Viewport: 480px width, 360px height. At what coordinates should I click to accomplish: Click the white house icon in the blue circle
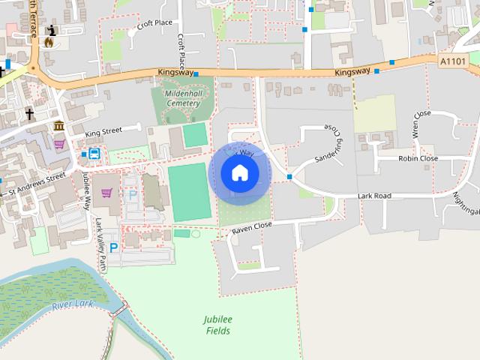(239, 173)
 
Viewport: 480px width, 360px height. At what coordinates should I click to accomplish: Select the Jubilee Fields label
(217, 325)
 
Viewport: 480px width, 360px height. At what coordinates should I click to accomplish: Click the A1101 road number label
(452, 61)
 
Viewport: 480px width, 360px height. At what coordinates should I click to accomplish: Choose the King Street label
(103, 133)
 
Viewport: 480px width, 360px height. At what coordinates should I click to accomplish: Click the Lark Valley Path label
(100, 243)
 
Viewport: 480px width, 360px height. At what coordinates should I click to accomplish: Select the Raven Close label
(251, 226)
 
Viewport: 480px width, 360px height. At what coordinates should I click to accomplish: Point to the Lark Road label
(374, 196)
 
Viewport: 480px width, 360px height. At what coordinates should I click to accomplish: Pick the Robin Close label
(418, 159)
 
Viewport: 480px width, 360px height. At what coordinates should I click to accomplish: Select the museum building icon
(58, 124)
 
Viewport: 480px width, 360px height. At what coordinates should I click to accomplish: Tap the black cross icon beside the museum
(29, 114)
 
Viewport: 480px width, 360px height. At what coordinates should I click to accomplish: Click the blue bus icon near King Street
(94, 154)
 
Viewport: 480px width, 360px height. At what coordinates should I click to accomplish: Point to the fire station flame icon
(49, 43)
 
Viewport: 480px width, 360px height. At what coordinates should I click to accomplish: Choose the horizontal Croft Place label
(155, 24)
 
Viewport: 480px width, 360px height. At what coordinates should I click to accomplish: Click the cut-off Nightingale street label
(466, 200)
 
